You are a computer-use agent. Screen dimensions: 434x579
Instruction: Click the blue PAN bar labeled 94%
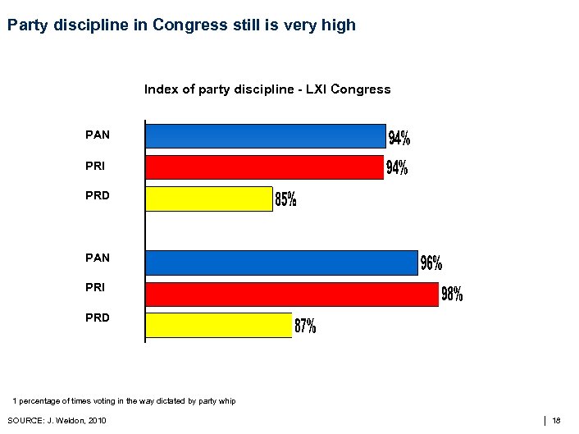265,136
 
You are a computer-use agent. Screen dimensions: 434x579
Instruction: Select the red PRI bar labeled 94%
264,167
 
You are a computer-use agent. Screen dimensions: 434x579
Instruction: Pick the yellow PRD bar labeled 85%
208,199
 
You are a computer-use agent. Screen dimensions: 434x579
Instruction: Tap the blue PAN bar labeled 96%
281,263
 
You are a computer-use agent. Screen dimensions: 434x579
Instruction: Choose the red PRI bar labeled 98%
292,294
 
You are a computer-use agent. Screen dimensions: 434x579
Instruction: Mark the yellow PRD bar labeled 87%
218,325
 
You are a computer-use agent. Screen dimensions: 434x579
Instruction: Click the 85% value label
285,199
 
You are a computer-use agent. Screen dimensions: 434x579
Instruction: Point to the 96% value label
431,263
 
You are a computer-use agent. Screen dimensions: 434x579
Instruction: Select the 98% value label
453,294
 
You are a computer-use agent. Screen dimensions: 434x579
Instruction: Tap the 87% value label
305,326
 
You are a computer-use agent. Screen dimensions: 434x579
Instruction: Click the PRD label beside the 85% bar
97,195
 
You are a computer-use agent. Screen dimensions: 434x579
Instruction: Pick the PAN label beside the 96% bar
97,258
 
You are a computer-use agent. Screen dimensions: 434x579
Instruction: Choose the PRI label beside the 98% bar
96,288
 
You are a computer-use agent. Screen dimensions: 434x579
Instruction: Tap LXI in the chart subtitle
318,89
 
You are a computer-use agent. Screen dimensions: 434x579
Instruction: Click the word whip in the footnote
226,400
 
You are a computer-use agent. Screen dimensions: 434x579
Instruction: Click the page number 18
557,421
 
